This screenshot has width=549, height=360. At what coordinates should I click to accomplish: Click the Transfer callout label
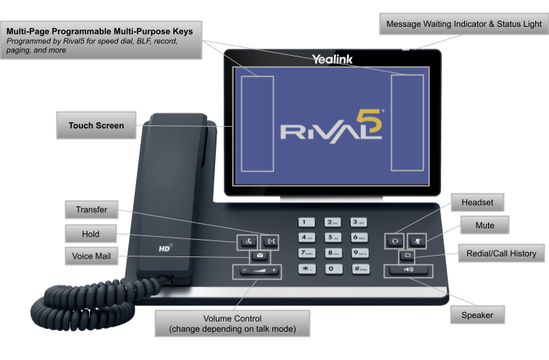(91, 210)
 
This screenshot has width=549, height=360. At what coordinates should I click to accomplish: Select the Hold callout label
(91, 234)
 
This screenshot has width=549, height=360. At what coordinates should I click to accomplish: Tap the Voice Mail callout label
(91, 256)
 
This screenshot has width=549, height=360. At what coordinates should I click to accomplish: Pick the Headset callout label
(477, 204)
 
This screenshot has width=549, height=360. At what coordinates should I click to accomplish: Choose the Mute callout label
(485, 225)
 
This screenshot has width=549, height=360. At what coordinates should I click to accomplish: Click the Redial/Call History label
(501, 254)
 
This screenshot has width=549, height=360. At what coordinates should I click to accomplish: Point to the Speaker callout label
(477, 315)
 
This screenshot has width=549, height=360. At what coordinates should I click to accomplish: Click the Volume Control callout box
(232, 323)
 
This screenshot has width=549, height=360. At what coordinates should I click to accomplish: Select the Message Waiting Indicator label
(464, 24)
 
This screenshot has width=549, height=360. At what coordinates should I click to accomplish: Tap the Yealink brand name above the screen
(332, 59)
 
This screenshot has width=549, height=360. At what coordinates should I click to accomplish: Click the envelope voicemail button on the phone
(259, 256)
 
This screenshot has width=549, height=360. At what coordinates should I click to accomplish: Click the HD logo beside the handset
(164, 249)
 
